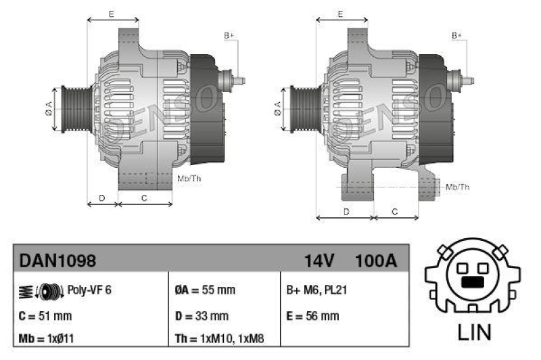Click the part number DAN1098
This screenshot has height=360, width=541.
click(x=57, y=261)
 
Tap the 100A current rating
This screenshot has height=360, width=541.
click(x=375, y=261)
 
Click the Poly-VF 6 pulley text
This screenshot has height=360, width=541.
click(x=89, y=290)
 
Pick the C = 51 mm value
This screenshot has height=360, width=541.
click(x=45, y=315)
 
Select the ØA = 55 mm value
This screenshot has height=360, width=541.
click(x=204, y=290)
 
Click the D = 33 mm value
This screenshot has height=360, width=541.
click(x=202, y=315)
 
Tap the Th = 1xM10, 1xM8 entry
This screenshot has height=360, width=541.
click(x=220, y=338)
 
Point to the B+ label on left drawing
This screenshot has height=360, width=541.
click(x=229, y=35)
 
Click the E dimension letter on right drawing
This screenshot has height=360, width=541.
click(x=341, y=14)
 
